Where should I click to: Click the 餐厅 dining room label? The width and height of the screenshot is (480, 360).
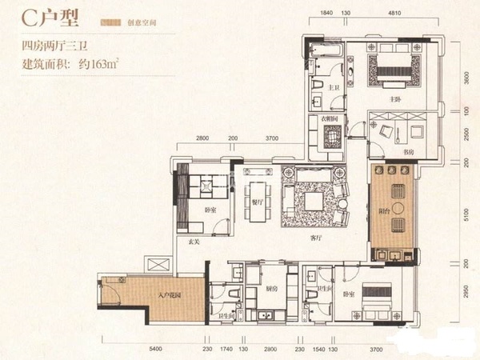(258, 203)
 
